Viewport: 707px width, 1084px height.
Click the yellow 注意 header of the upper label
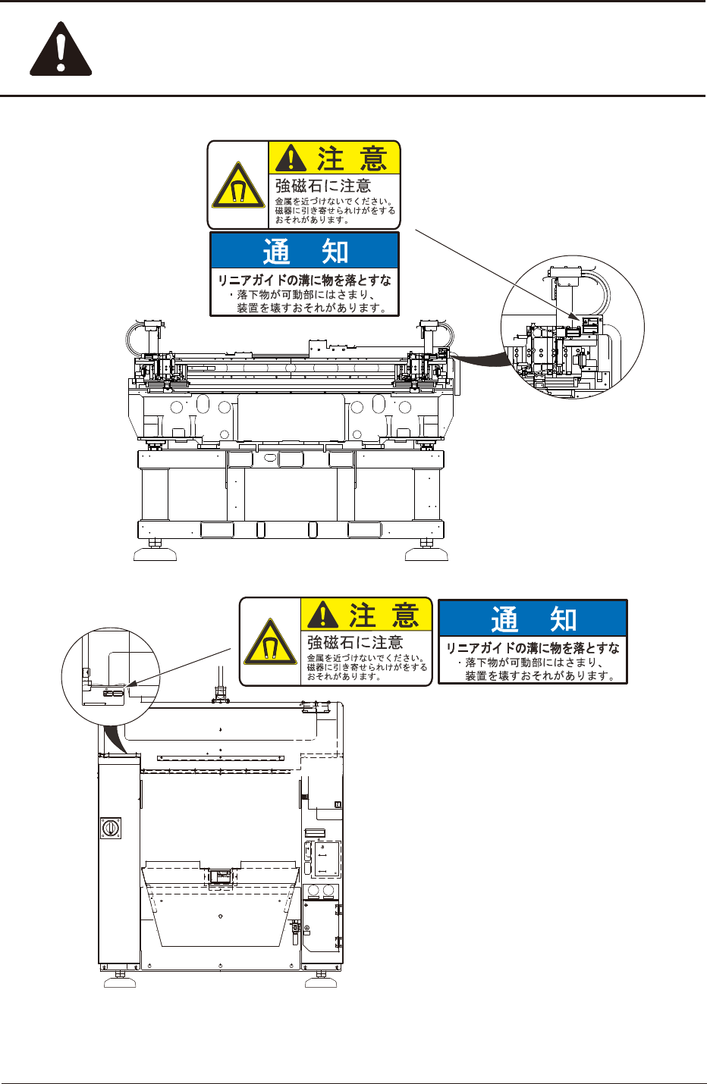(x=335, y=158)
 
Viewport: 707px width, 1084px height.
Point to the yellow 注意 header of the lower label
(x=366, y=615)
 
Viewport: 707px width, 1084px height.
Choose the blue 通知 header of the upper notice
(x=304, y=250)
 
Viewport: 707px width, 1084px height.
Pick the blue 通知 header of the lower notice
(x=533, y=619)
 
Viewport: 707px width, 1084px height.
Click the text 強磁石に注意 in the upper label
(x=322, y=186)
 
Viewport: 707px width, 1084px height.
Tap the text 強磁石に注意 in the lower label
(x=354, y=643)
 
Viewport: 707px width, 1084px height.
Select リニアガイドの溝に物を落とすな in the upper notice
(x=304, y=280)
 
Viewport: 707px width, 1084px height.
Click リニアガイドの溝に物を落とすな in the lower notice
(x=533, y=648)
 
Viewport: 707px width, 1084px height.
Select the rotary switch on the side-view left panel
(x=110, y=828)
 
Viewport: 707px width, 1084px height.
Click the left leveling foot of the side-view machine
(x=120, y=982)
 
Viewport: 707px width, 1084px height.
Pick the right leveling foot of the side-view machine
(x=321, y=982)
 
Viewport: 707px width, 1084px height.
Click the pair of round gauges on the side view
(x=322, y=890)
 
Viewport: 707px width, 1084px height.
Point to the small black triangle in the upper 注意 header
(x=291, y=159)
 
